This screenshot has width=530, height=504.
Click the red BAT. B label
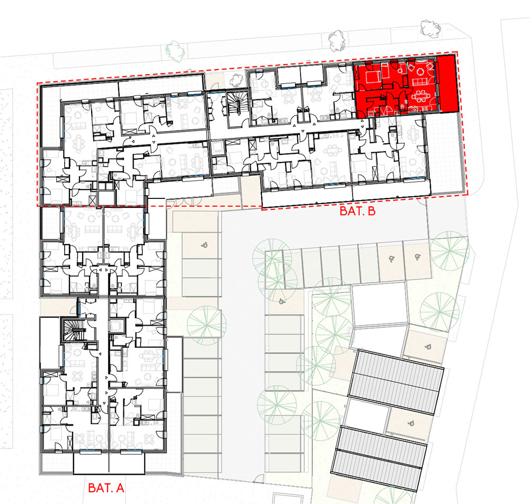coord(357,211)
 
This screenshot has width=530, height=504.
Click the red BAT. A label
coord(106,488)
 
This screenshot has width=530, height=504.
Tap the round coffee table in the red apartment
coord(420,71)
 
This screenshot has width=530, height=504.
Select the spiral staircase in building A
coord(73,330)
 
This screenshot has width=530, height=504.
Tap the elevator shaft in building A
coord(117,325)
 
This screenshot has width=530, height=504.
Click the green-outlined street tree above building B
coord(175,51)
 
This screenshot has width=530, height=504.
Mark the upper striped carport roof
coord(396,383)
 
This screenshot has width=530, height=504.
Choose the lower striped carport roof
coord(379,459)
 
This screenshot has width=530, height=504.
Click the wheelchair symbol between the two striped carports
coord(411,422)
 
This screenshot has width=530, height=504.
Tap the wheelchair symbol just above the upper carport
coord(428,346)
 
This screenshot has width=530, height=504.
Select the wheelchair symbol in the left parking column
coord(204,245)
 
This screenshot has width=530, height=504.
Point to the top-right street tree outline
coord(430,28)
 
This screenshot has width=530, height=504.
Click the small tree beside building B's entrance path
coord(236,80)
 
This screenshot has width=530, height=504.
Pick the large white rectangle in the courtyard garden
coord(379,305)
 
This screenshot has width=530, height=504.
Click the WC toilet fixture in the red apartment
coord(402,106)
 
